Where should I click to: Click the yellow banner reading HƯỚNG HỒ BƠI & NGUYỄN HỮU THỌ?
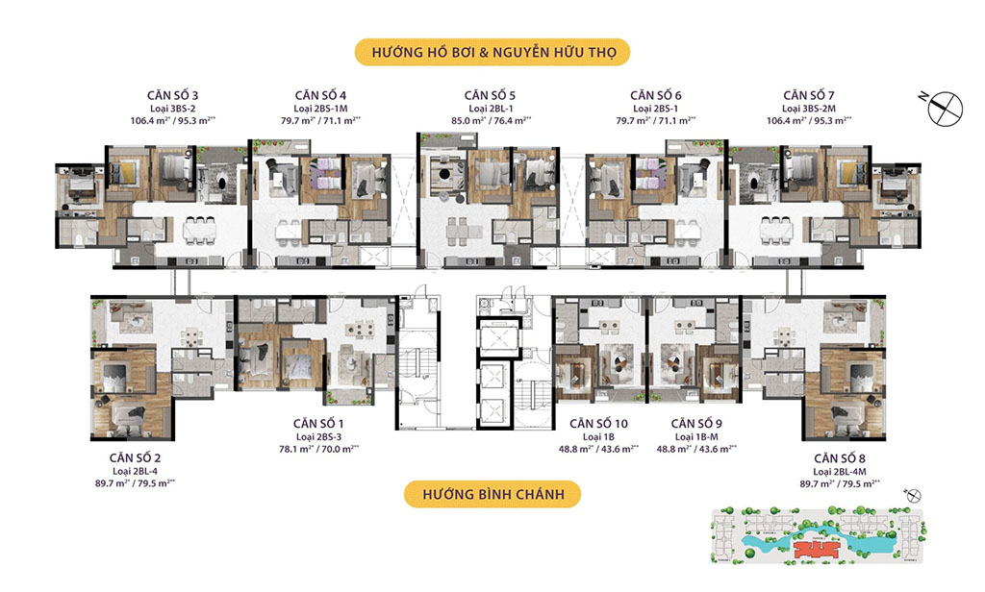(x=492, y=51)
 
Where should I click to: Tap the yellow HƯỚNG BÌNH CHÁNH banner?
(x=492, y=495)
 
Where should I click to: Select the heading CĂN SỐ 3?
(x=166, y=95)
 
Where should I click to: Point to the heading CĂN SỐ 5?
(x=490, y=95)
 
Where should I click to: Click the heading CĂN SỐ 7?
(x=814, y=95)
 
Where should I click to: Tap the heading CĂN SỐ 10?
(x=599, y=424)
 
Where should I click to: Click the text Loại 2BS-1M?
(x=328, y=109)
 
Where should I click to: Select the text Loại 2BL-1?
(x=490, y=109)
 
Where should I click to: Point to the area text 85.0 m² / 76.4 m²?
(x=490, y=121)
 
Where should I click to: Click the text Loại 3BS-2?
(x=166, y=109)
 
